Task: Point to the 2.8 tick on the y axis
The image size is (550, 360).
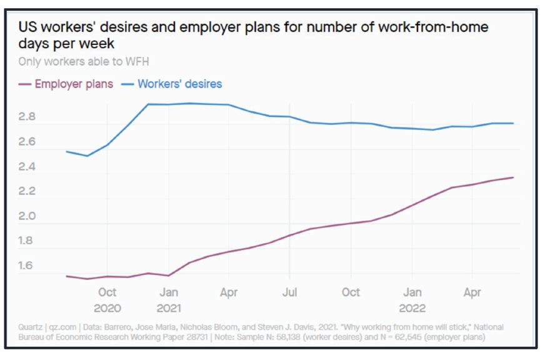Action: (27, 117)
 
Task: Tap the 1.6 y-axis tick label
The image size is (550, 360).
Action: (27, 266)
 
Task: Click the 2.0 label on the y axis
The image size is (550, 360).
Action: (27, 216)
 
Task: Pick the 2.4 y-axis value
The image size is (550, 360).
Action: (27, 167)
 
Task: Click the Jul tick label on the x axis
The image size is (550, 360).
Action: (289, 292)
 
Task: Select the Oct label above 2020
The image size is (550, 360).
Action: (107, 292)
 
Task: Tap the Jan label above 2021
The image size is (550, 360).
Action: (169, 292)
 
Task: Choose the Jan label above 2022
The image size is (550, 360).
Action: (412, 292)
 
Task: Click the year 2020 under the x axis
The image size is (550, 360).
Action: (107, 308)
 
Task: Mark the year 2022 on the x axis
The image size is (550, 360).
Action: (412, 308)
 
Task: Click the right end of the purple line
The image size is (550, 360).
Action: (513, 177)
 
